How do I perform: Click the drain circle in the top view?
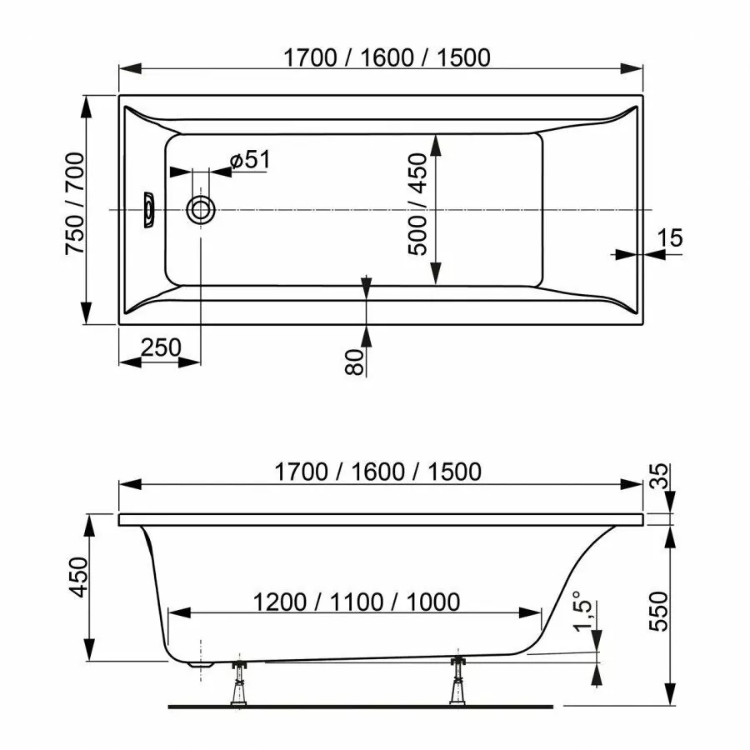(200, 209)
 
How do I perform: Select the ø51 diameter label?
(250, 160)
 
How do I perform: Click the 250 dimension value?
(161, 347)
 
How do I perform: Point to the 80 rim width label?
(354, 362)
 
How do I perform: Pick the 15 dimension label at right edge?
(670, 237)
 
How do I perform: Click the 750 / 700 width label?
(75, 203)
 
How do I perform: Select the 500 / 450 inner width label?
(417, 204)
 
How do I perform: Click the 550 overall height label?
(659, 612)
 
